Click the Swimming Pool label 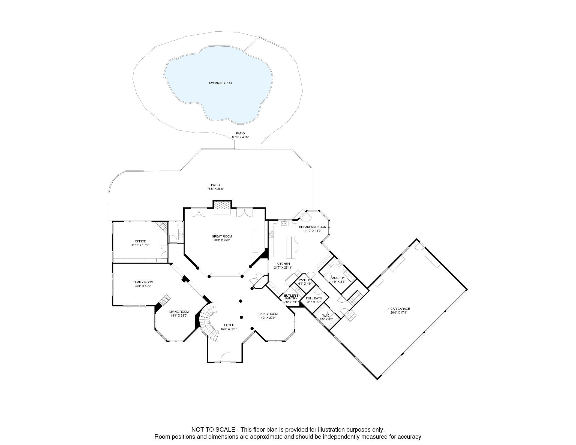[x=221, y=83]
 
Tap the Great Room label [x=222, y=236]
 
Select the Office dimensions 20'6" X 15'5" [x=140, y=245]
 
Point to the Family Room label [x=143, y=282]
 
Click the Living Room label [x=179, y=312]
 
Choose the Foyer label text [x=229, y=325]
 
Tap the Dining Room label [x=267, y=314]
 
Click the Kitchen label [x=283, y=264]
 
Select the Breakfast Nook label [x=312, y=227]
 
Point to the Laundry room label [x=338, y=278]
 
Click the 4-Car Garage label [x=399, y=309]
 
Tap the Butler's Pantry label [x=291, y=297]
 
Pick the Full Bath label [x=314, y=298]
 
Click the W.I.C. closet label [x=326, y=315]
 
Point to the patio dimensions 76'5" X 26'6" [x=215, y=189]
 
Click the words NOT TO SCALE [x=213, y=429]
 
